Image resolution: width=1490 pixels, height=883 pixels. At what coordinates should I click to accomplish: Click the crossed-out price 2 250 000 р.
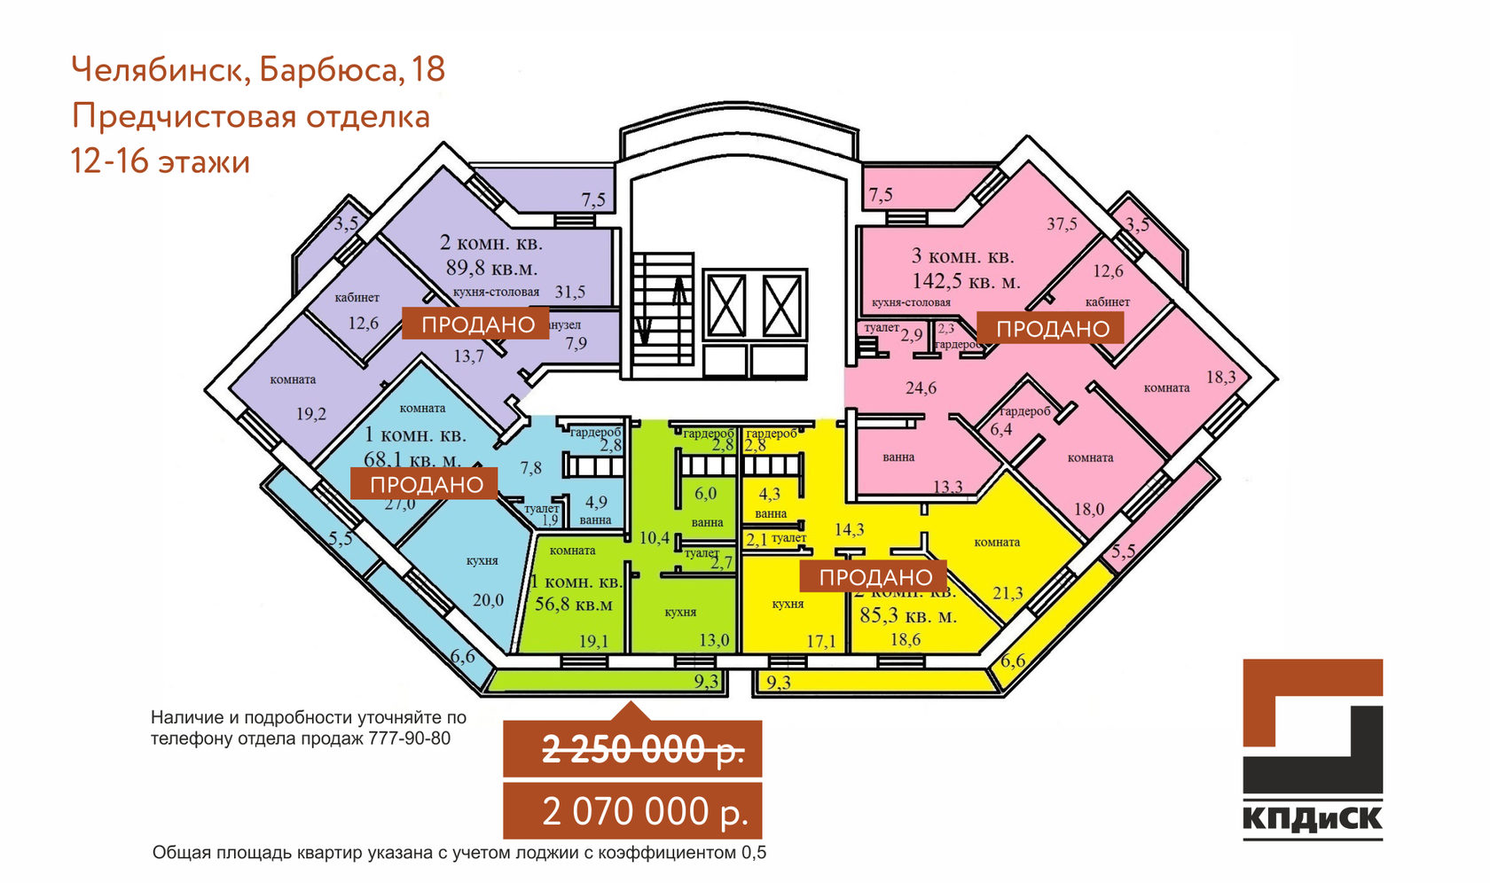pyautogui.click(x=642, y=750)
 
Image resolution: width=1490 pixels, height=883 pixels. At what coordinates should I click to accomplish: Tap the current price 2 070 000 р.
pyautogui.click(x=646, y=811)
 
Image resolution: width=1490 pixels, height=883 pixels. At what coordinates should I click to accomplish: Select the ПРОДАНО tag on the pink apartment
pyautogui.click(x=1052, y=329)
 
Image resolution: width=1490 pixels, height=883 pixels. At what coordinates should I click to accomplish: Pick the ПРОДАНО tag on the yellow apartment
pyautogui.click(x=874, y=577)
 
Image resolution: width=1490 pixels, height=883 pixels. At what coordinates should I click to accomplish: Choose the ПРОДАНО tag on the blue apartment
pyautogui.click(x=426, y=485)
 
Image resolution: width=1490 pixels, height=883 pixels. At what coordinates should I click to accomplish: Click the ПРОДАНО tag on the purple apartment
pyautogui.click(x=477, y=324)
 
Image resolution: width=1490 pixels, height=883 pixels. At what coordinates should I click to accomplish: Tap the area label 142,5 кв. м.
pyautogui.click(x=966, y=282)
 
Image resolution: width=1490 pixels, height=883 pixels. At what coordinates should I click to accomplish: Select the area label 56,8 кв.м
pyautogui.click(x=573, y=605)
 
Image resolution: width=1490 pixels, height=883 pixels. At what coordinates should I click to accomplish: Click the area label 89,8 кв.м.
pyautogui.click(x=491, y=268)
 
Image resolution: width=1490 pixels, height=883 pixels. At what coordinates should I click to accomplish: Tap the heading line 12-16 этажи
pyautogui.click(x=161, y=162)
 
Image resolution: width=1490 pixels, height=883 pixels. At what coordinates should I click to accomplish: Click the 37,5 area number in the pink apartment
pyautogui.click(x=1061, y=224)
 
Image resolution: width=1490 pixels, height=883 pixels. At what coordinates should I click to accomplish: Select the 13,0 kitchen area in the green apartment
pyautogui.click(x=713, y=640)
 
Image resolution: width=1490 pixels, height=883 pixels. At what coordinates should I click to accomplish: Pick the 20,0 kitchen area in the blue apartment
pyautogui.click(x=488, y=600)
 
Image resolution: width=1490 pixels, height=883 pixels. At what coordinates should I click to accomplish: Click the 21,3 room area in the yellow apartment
pyautogui.click(x=1008, y=593)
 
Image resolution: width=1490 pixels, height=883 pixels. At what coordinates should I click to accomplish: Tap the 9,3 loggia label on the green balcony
pyautogui.click(x=706, y=681)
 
